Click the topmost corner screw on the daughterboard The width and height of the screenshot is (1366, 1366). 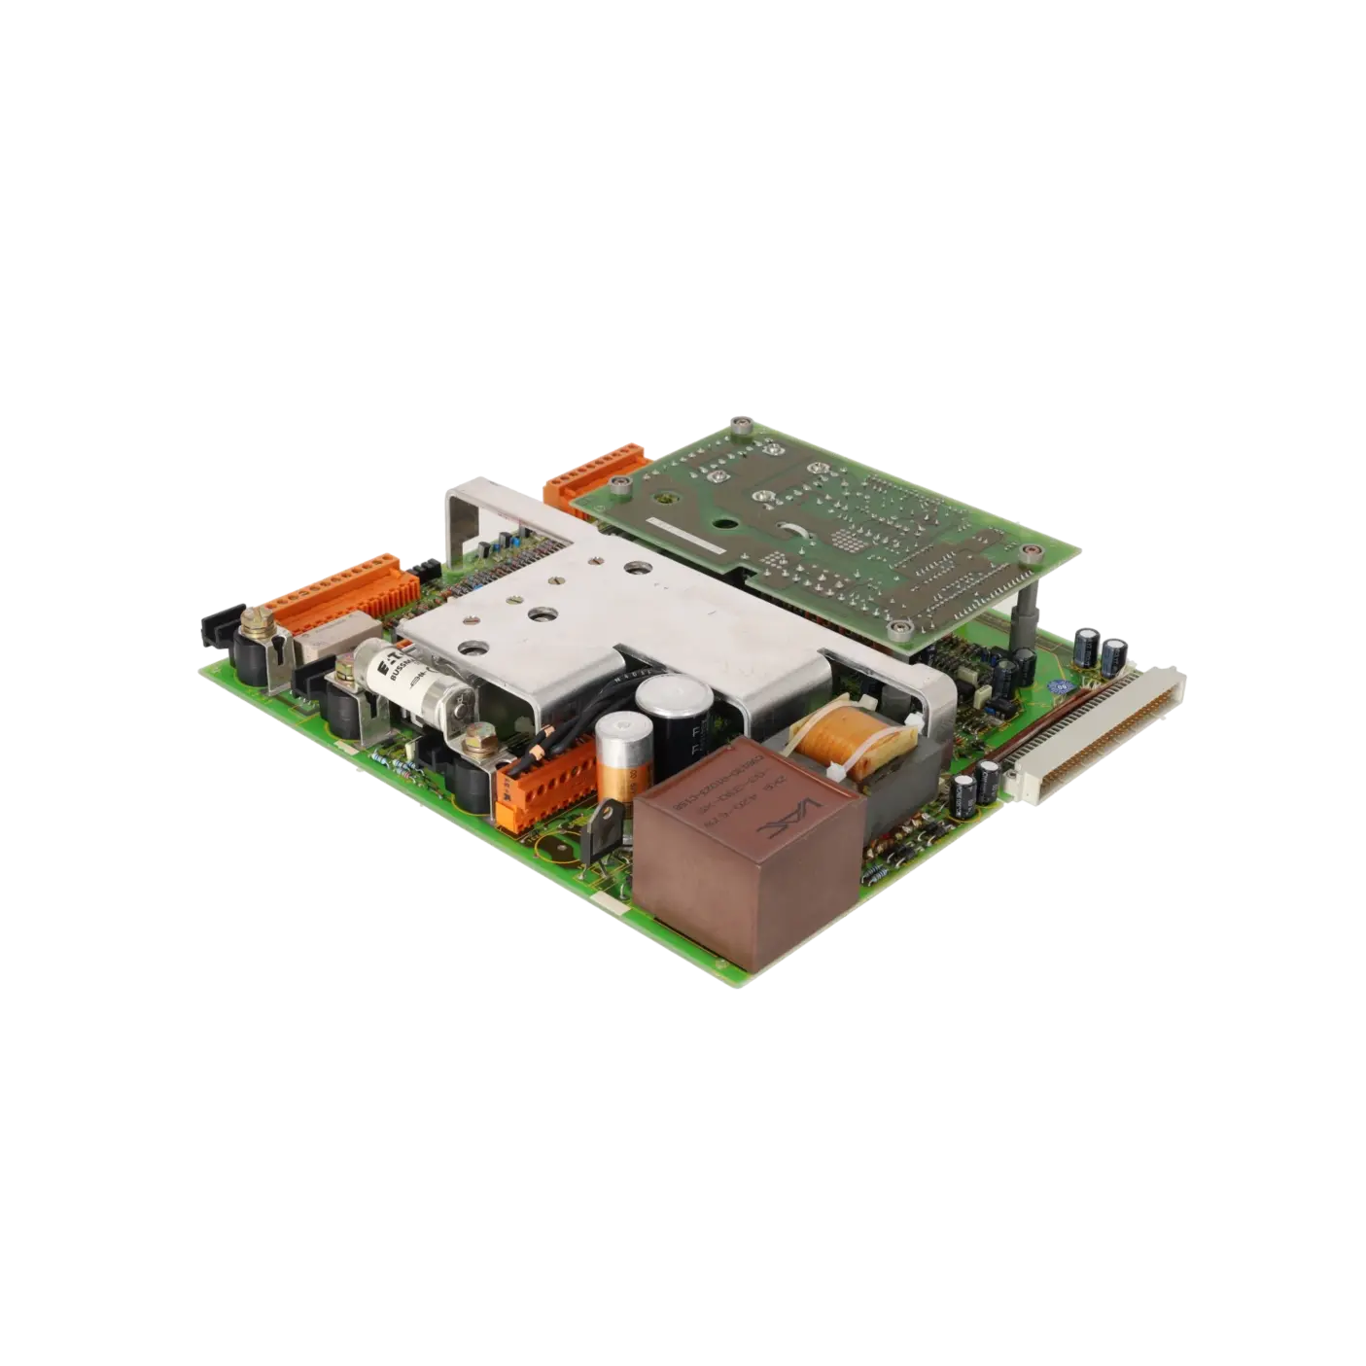click(743, 425)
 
